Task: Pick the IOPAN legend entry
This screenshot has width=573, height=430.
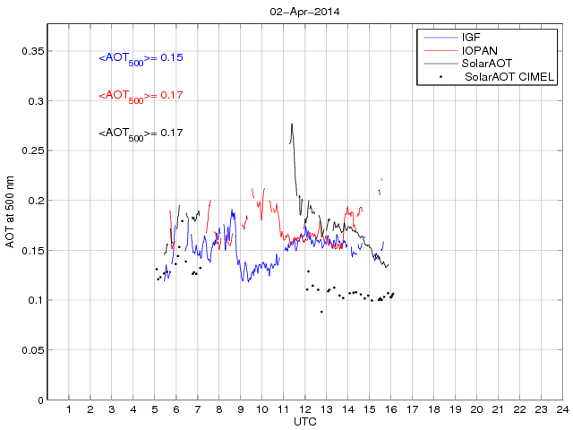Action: (478, 51)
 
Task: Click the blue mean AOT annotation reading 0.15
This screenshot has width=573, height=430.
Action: (141, 58)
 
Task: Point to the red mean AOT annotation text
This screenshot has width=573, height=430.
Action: (141, 95)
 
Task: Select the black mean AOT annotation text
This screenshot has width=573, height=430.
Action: (141, 133)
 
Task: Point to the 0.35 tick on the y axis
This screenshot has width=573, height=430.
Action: (33, 51)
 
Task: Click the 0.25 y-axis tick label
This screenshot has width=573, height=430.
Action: (33, 150)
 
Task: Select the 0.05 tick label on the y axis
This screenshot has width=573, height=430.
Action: (33, 349)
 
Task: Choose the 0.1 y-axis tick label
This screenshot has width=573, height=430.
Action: (36, 300)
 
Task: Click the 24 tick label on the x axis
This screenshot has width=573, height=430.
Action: (561, 409)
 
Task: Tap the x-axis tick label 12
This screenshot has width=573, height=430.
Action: (304, 409)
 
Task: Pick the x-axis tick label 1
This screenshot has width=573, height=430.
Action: (69, 409)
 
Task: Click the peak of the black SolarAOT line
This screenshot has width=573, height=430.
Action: (292, 124)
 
